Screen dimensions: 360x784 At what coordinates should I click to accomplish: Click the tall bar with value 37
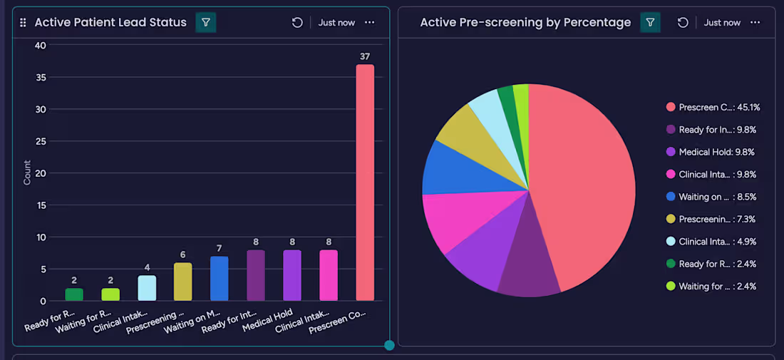[x=365, y=182]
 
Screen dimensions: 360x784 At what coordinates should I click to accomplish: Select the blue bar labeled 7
[x=220, y=278]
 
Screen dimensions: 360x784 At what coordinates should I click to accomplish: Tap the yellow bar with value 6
[x=183, y=282]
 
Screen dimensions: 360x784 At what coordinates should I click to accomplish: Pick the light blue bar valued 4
[x=147, y=288]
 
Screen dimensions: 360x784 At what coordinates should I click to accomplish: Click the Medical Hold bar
[x=292, y=275]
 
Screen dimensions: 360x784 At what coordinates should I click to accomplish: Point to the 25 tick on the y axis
[x=41, y=141]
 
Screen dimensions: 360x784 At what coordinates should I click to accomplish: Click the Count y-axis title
[x=27, y=173]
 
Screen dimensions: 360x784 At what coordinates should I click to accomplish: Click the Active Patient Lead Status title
[x=110, y=22]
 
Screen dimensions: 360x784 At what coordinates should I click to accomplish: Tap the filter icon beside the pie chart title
[x=650, y=22]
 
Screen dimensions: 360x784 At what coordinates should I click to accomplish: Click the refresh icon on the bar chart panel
[x=297, y=23]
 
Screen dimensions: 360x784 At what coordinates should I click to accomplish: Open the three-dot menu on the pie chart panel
[x=755, y=22]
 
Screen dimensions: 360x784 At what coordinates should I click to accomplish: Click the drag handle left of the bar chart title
[x=23, y=23]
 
